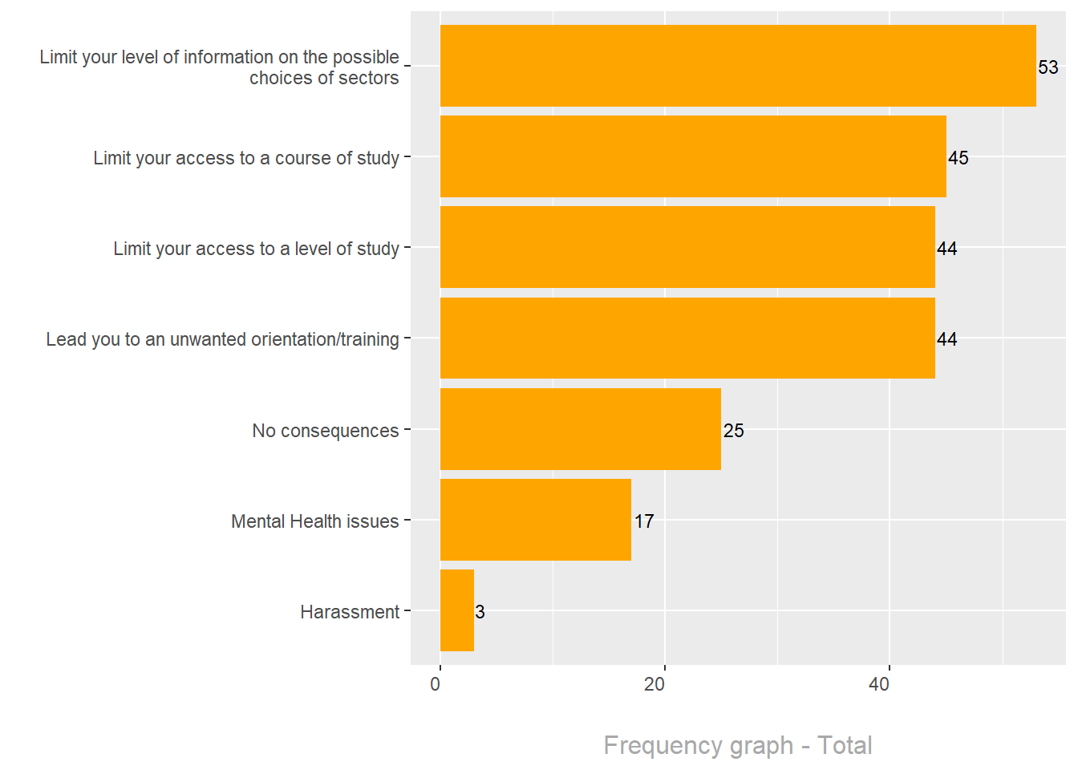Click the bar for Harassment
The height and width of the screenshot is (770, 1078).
[x=457, y=610]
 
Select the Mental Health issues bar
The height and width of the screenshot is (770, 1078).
[x=536, y=520]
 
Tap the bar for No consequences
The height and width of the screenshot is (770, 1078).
[x=581, y=429]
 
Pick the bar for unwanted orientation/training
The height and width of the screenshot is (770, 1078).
[x=687, y=338]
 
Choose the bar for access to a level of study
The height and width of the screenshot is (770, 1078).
[x=687, y=247]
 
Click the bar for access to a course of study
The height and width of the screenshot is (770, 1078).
[x=693, y=156]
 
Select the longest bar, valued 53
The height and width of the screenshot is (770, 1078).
[x=738, y=66]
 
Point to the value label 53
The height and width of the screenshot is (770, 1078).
[x=1048, y=67]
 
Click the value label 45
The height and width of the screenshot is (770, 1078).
[x=958, y=158]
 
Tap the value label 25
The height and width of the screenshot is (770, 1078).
[x=733, y=431]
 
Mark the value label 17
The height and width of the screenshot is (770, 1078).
[x=643, y=521]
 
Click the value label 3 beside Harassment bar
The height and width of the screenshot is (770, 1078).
[x=480, y=612]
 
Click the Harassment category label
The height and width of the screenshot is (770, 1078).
[x=350, y=612]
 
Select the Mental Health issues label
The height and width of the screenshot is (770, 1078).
[x=314, y=521]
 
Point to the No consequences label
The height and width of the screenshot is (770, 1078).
[x=325, y=431]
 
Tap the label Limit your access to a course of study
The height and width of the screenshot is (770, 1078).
[x=245, y=158]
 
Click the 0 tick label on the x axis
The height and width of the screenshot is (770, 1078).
[x=436, y=684]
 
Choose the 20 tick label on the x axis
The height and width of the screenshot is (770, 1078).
[x=654, y=684]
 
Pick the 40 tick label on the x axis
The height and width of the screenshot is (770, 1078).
[x=879, y=684]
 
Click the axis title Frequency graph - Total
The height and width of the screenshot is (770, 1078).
[x=737, y=745]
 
